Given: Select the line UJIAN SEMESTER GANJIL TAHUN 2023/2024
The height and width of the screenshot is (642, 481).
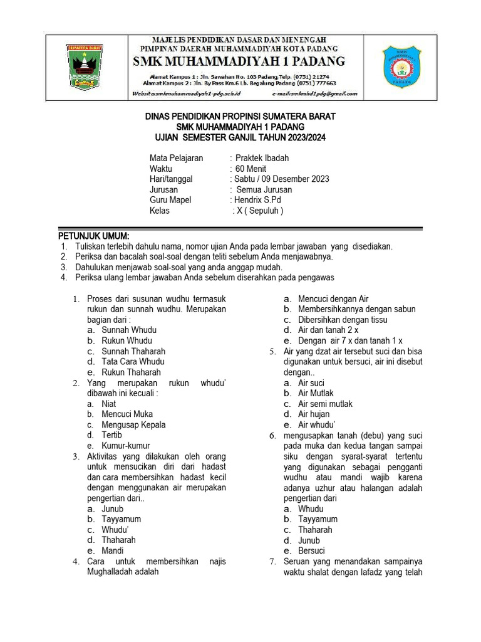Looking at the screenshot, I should coord(240,137).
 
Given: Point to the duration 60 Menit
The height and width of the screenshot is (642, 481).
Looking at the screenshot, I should coord(251,169).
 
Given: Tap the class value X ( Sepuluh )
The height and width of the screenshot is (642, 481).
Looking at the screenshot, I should coord(259,211).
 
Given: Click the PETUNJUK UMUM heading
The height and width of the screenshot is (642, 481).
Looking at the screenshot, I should coord(93,236).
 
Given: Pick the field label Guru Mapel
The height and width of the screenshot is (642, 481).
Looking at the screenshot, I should coord(170,200).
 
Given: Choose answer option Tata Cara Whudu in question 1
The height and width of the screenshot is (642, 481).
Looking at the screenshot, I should coord(133,361).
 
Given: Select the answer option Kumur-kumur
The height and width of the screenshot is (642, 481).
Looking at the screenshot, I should coord(125,446).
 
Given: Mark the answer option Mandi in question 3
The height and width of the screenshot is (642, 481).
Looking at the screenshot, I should coord(113,550).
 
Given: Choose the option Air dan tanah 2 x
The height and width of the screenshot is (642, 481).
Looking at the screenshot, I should coord(328,330).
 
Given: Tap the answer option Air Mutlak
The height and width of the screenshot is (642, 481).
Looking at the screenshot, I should coord(316,393).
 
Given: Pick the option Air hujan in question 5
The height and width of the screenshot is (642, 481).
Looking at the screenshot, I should coord(313,414).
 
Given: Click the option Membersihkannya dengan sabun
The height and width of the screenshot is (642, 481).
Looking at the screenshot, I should coord(356,309).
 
